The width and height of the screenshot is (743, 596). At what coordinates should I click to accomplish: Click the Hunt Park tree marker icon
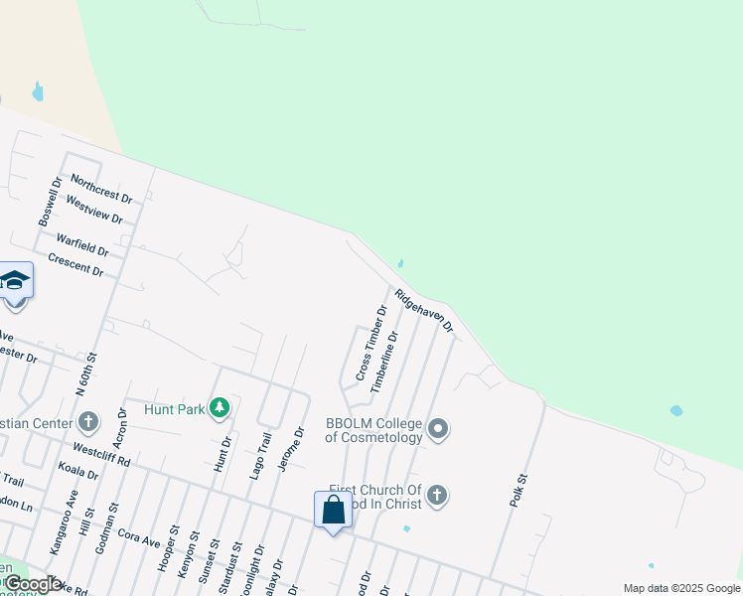(220, 407)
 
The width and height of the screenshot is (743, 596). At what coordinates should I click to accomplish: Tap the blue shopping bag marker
(334, 511)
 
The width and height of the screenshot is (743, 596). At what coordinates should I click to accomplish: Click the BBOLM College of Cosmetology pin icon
(438, 430)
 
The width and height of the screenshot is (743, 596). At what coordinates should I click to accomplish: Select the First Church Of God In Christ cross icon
(437, 496)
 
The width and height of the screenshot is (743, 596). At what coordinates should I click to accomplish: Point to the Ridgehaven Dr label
(424, 311)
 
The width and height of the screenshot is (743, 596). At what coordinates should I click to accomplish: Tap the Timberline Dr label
(384, 363)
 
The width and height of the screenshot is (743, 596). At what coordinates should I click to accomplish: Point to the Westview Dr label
(94, 211)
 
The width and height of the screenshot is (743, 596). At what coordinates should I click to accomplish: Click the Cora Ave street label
(139, 543)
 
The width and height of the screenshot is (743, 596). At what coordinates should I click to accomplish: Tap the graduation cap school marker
(15, 281)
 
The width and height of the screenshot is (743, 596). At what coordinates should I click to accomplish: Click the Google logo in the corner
(32, 584)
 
